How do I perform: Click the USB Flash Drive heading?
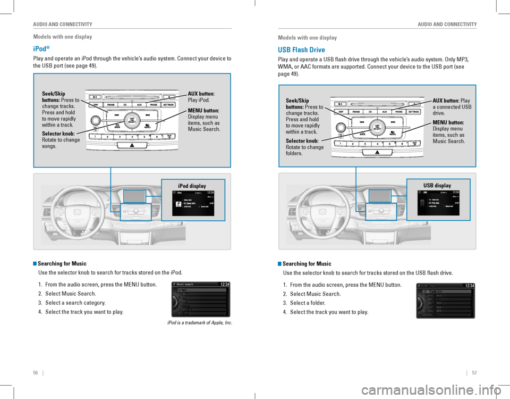(x=301, y=50)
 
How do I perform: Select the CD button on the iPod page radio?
(x=125, y=105)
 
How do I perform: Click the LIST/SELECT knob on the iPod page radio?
(x=132, y=121)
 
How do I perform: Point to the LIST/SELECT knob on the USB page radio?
(x=377, y=127)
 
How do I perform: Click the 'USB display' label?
(x=437, y=186)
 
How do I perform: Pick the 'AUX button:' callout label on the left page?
(x=201, y=94)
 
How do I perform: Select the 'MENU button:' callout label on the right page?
(x=448, y=122)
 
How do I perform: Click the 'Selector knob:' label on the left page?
(x=58, y=134)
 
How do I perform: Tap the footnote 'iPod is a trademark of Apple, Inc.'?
(x=199, y=323)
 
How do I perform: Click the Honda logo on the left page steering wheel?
(x=79, y=212)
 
